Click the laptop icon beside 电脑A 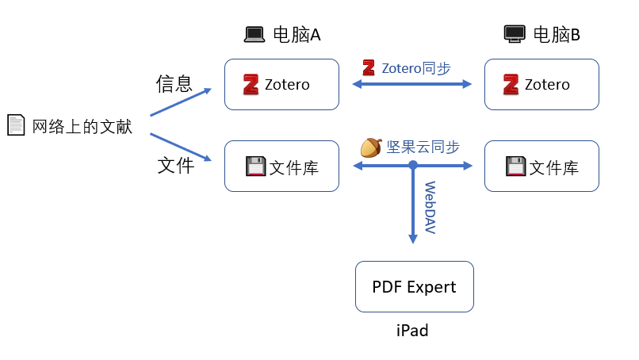click(x=254, y=34)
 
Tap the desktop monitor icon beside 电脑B click(x=515, y=34)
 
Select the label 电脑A click(x=297, y=35)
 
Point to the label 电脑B click(x=557, y=35)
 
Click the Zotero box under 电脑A click(x=281, y=84)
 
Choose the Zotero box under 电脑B click(x=541, y=84)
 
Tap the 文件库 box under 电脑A click(x=281, y=167)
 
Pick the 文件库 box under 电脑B click(x=541, y=167)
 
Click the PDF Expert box click(x=414, y=286)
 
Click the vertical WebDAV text click(x=430, y=208)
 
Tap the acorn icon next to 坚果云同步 click(x=371, y=147)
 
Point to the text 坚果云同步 click(x=423, y=147)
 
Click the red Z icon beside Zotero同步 click(x=369, y=68)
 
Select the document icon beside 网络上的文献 click(x=16, y=125)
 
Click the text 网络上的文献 click(x=82, y=126)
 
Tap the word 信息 click(x=174, y=83)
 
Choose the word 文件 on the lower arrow click(x=175, y=165)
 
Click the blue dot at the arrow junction click(x=413, y=165)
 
